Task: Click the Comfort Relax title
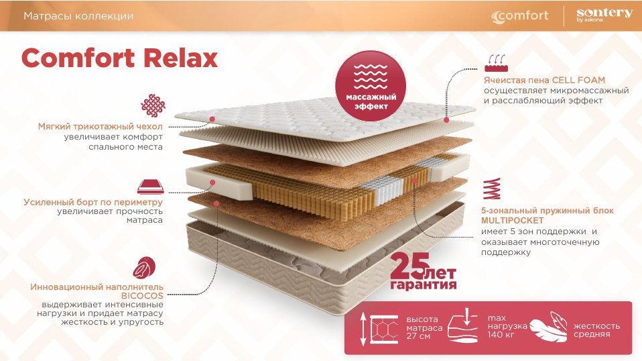(119, 58)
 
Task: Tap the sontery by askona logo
(604, 15)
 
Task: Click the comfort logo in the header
(520, 16)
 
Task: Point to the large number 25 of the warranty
(410, 266)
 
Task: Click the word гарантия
(424, 285)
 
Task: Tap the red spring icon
(492, 189)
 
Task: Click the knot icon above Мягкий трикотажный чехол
(153, 105)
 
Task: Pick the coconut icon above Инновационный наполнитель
(144, 267)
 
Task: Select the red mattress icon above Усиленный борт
(151, 187)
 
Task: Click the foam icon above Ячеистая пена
(496, 64)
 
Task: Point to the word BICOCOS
(142, 295)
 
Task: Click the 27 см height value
(418, 336)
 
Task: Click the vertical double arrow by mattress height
(363, 329)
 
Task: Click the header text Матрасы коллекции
(78, 16)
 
